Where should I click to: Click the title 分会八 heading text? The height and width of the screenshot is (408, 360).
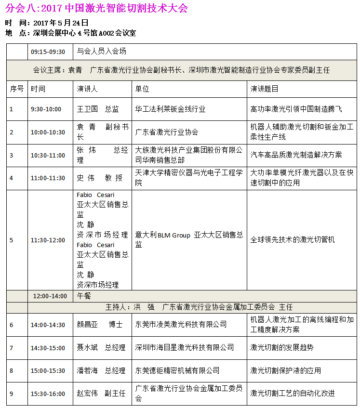pos(96,9)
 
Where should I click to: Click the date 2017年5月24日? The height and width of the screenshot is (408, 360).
pos(61,23)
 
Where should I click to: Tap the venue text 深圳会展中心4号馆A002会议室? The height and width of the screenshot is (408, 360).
pos(84,33)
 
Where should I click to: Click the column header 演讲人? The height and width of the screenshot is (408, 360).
pos(87,89)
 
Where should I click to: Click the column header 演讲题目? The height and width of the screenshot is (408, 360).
pos(265,89)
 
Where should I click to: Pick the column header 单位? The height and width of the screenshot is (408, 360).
pos(142,89)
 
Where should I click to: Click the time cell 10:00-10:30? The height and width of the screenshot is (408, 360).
pos(48,132)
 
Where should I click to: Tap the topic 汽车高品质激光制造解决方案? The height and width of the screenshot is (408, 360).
pos(296,155)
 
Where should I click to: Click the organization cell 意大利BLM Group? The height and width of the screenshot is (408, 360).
pos(189,239)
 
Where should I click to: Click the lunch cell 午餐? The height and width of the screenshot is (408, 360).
pos(84,296)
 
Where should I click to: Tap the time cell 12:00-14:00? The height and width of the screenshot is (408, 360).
pos(50,296)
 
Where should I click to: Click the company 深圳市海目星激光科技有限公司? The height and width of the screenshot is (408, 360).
pos(185,347)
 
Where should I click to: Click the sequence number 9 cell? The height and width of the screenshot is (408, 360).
pos(12,394)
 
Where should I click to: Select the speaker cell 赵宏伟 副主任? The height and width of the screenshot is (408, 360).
pos(101,394)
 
